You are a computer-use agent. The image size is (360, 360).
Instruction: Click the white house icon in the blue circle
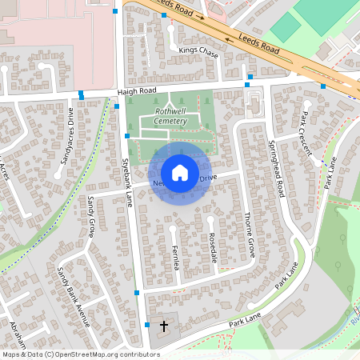click(x=180, y=172)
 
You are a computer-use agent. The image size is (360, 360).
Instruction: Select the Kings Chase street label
click(x=198, y=50)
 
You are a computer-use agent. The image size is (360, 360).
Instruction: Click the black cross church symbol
click(x=165, y=326)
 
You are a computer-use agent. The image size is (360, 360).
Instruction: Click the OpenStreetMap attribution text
click(x=80, y=354)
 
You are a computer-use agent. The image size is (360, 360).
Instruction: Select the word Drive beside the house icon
click(x=207, y=178)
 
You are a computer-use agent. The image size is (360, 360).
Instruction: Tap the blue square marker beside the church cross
click(x=147, y=325)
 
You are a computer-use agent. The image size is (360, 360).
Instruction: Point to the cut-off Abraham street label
click(x=14, y=330)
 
